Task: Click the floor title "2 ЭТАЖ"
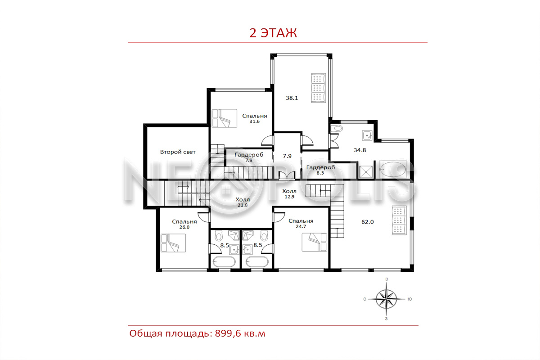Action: pyautogui.click(x=273, y=33)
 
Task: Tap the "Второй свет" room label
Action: pyautogui.click(x=178, y=152)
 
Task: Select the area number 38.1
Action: pyautogui.click(x=292, y=98)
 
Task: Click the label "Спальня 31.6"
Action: pyautogui.click(x=255, y=118)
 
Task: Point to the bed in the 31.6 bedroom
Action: pyautogui.click(x=224, y=118)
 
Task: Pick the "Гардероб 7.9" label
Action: pyautogui.click(x=249, y=157)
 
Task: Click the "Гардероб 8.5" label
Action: pyautogui.click(x=320, y=170)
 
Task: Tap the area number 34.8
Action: pyautogui.click(x=360, y=150)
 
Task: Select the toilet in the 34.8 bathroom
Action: pyautogui.click(x=337, y=128)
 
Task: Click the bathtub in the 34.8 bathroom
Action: pyautogui.click(x=393, y=170)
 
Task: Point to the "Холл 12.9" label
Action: pyautogui.click(x=289, y=193)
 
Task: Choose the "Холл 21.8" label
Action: pyautogui.click(x=243, y=202)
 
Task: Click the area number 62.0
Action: pyautogui.click(x=367, y=222)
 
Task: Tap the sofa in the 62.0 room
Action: pyautogui.click(x=399, y=220)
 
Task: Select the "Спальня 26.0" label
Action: pyautogui.click(x=184, y=224)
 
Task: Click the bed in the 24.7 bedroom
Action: pyautogui.click(x=315, y=242)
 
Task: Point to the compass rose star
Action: pyautogui.click(x=387, y=299)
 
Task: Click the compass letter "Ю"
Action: pyautogui.click(x=409, y=299)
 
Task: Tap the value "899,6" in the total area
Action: pyautogui.click(x=228, y=334)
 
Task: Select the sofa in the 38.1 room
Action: pyautogui.click(x=318, y=88)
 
